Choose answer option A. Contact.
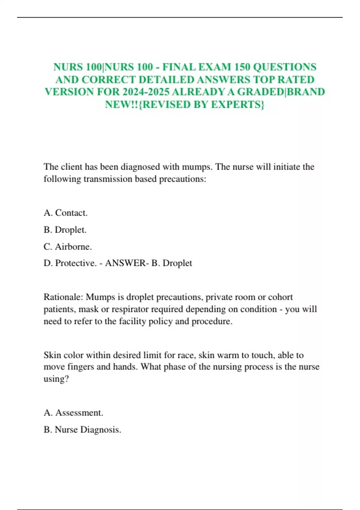pos(65,213)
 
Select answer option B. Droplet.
pos(65,230)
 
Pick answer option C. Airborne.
pos(67,247)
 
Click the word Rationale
pos(63,297)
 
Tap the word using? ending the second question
pos(56,379)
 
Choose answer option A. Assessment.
pos(73,413)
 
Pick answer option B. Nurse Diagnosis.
pos(82,430)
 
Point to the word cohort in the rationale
pos(280,297)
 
